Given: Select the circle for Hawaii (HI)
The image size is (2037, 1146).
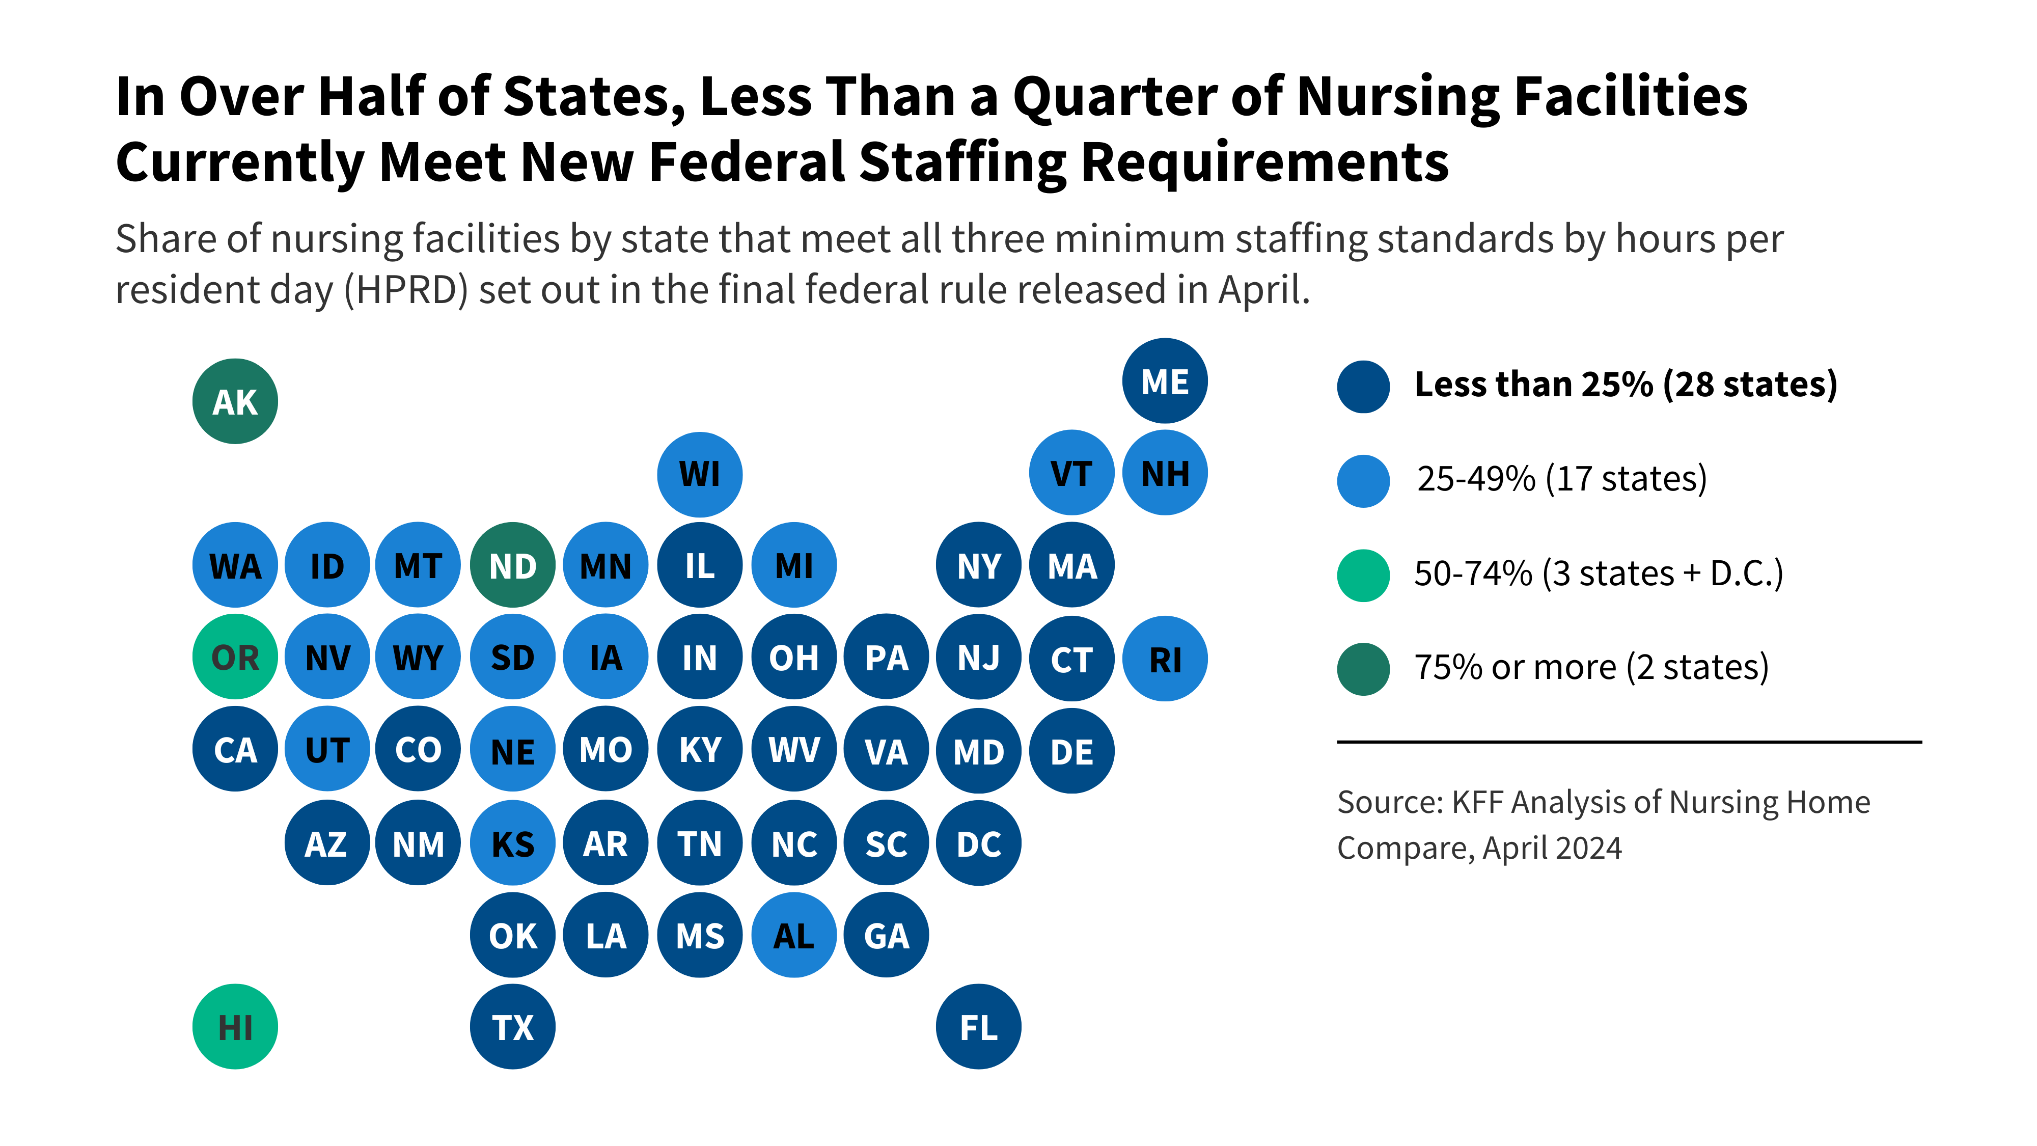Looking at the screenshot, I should (x=235, y=1027).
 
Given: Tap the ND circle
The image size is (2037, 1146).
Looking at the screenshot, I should (x=512, y=565).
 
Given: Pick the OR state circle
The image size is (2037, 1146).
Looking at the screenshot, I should (x=235, y=657).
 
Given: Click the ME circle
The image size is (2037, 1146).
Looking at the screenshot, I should (x=1164, y=381).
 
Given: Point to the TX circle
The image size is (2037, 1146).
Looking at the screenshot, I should (x=512, y=1027).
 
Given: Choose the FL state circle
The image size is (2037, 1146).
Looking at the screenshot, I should (x=978, y=1027).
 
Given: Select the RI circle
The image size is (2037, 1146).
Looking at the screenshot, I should (x=1164, y=659).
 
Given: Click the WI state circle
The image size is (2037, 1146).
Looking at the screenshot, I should (x=699, y=474).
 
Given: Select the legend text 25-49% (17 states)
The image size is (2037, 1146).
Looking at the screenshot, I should (x=1562, y=478).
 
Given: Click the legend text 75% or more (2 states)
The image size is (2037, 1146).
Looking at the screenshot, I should (x=1591, y=667).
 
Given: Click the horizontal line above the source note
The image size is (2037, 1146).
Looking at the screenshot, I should (x=1629, y=742).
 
